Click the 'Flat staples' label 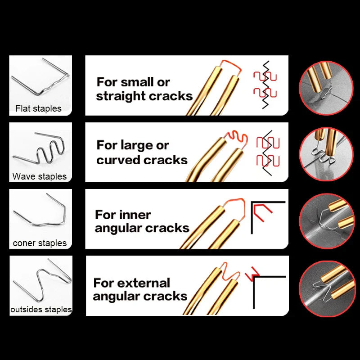38,108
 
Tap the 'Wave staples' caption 40,176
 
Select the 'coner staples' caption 40,243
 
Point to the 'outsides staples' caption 41,309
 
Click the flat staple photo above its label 40,76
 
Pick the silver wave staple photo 39,148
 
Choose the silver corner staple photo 40,209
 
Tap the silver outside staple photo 42,279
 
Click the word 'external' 144,283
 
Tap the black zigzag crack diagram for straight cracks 265,85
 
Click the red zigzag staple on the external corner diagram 252,274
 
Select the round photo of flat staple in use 326,88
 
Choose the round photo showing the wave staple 326,154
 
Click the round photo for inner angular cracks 326,221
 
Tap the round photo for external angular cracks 326,288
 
